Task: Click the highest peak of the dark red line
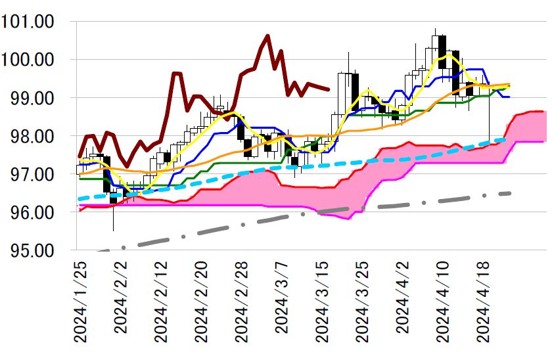267,35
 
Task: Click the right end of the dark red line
328,90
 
